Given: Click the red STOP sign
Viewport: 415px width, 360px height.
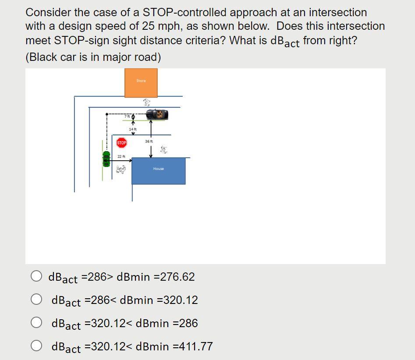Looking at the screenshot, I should (x=121, y=143).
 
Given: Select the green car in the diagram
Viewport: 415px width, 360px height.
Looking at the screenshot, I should (x=106, y=159).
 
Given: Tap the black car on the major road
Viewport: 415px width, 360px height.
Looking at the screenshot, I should (x=157, y=115).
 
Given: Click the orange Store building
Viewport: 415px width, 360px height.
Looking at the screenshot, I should (x=141, y=83).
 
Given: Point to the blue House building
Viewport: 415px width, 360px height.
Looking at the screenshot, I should (x=158, y=171).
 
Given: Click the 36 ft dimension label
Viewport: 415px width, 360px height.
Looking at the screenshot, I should (x=149, y=141).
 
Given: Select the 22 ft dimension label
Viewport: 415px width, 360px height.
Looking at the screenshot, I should (x=121, y=156).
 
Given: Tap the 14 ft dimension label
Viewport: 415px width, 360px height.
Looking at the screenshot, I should (x=132, y=129).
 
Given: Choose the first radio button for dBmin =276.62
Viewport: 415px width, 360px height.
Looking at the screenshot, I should (x=37, y=276).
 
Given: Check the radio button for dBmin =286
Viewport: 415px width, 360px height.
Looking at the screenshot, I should (x=37, y=323).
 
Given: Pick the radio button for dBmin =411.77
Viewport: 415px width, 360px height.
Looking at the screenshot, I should (x=37, y=346).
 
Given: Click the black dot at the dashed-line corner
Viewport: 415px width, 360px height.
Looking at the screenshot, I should (x=106, y=115).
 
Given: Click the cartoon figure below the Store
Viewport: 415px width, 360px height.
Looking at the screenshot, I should (x=147, y=102).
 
